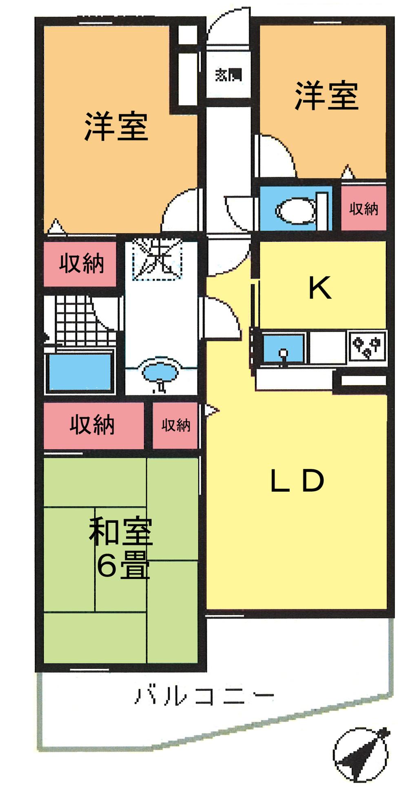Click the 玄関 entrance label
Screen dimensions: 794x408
228,75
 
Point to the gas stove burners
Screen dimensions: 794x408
368,347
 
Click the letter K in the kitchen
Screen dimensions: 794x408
320,288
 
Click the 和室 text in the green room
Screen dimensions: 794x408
121,531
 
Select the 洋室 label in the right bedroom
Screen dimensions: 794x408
326,96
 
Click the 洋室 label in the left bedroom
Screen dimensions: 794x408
116,126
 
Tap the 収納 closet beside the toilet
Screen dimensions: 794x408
364,209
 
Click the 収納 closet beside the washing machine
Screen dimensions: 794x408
81,263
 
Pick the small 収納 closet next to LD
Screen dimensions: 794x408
176,425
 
